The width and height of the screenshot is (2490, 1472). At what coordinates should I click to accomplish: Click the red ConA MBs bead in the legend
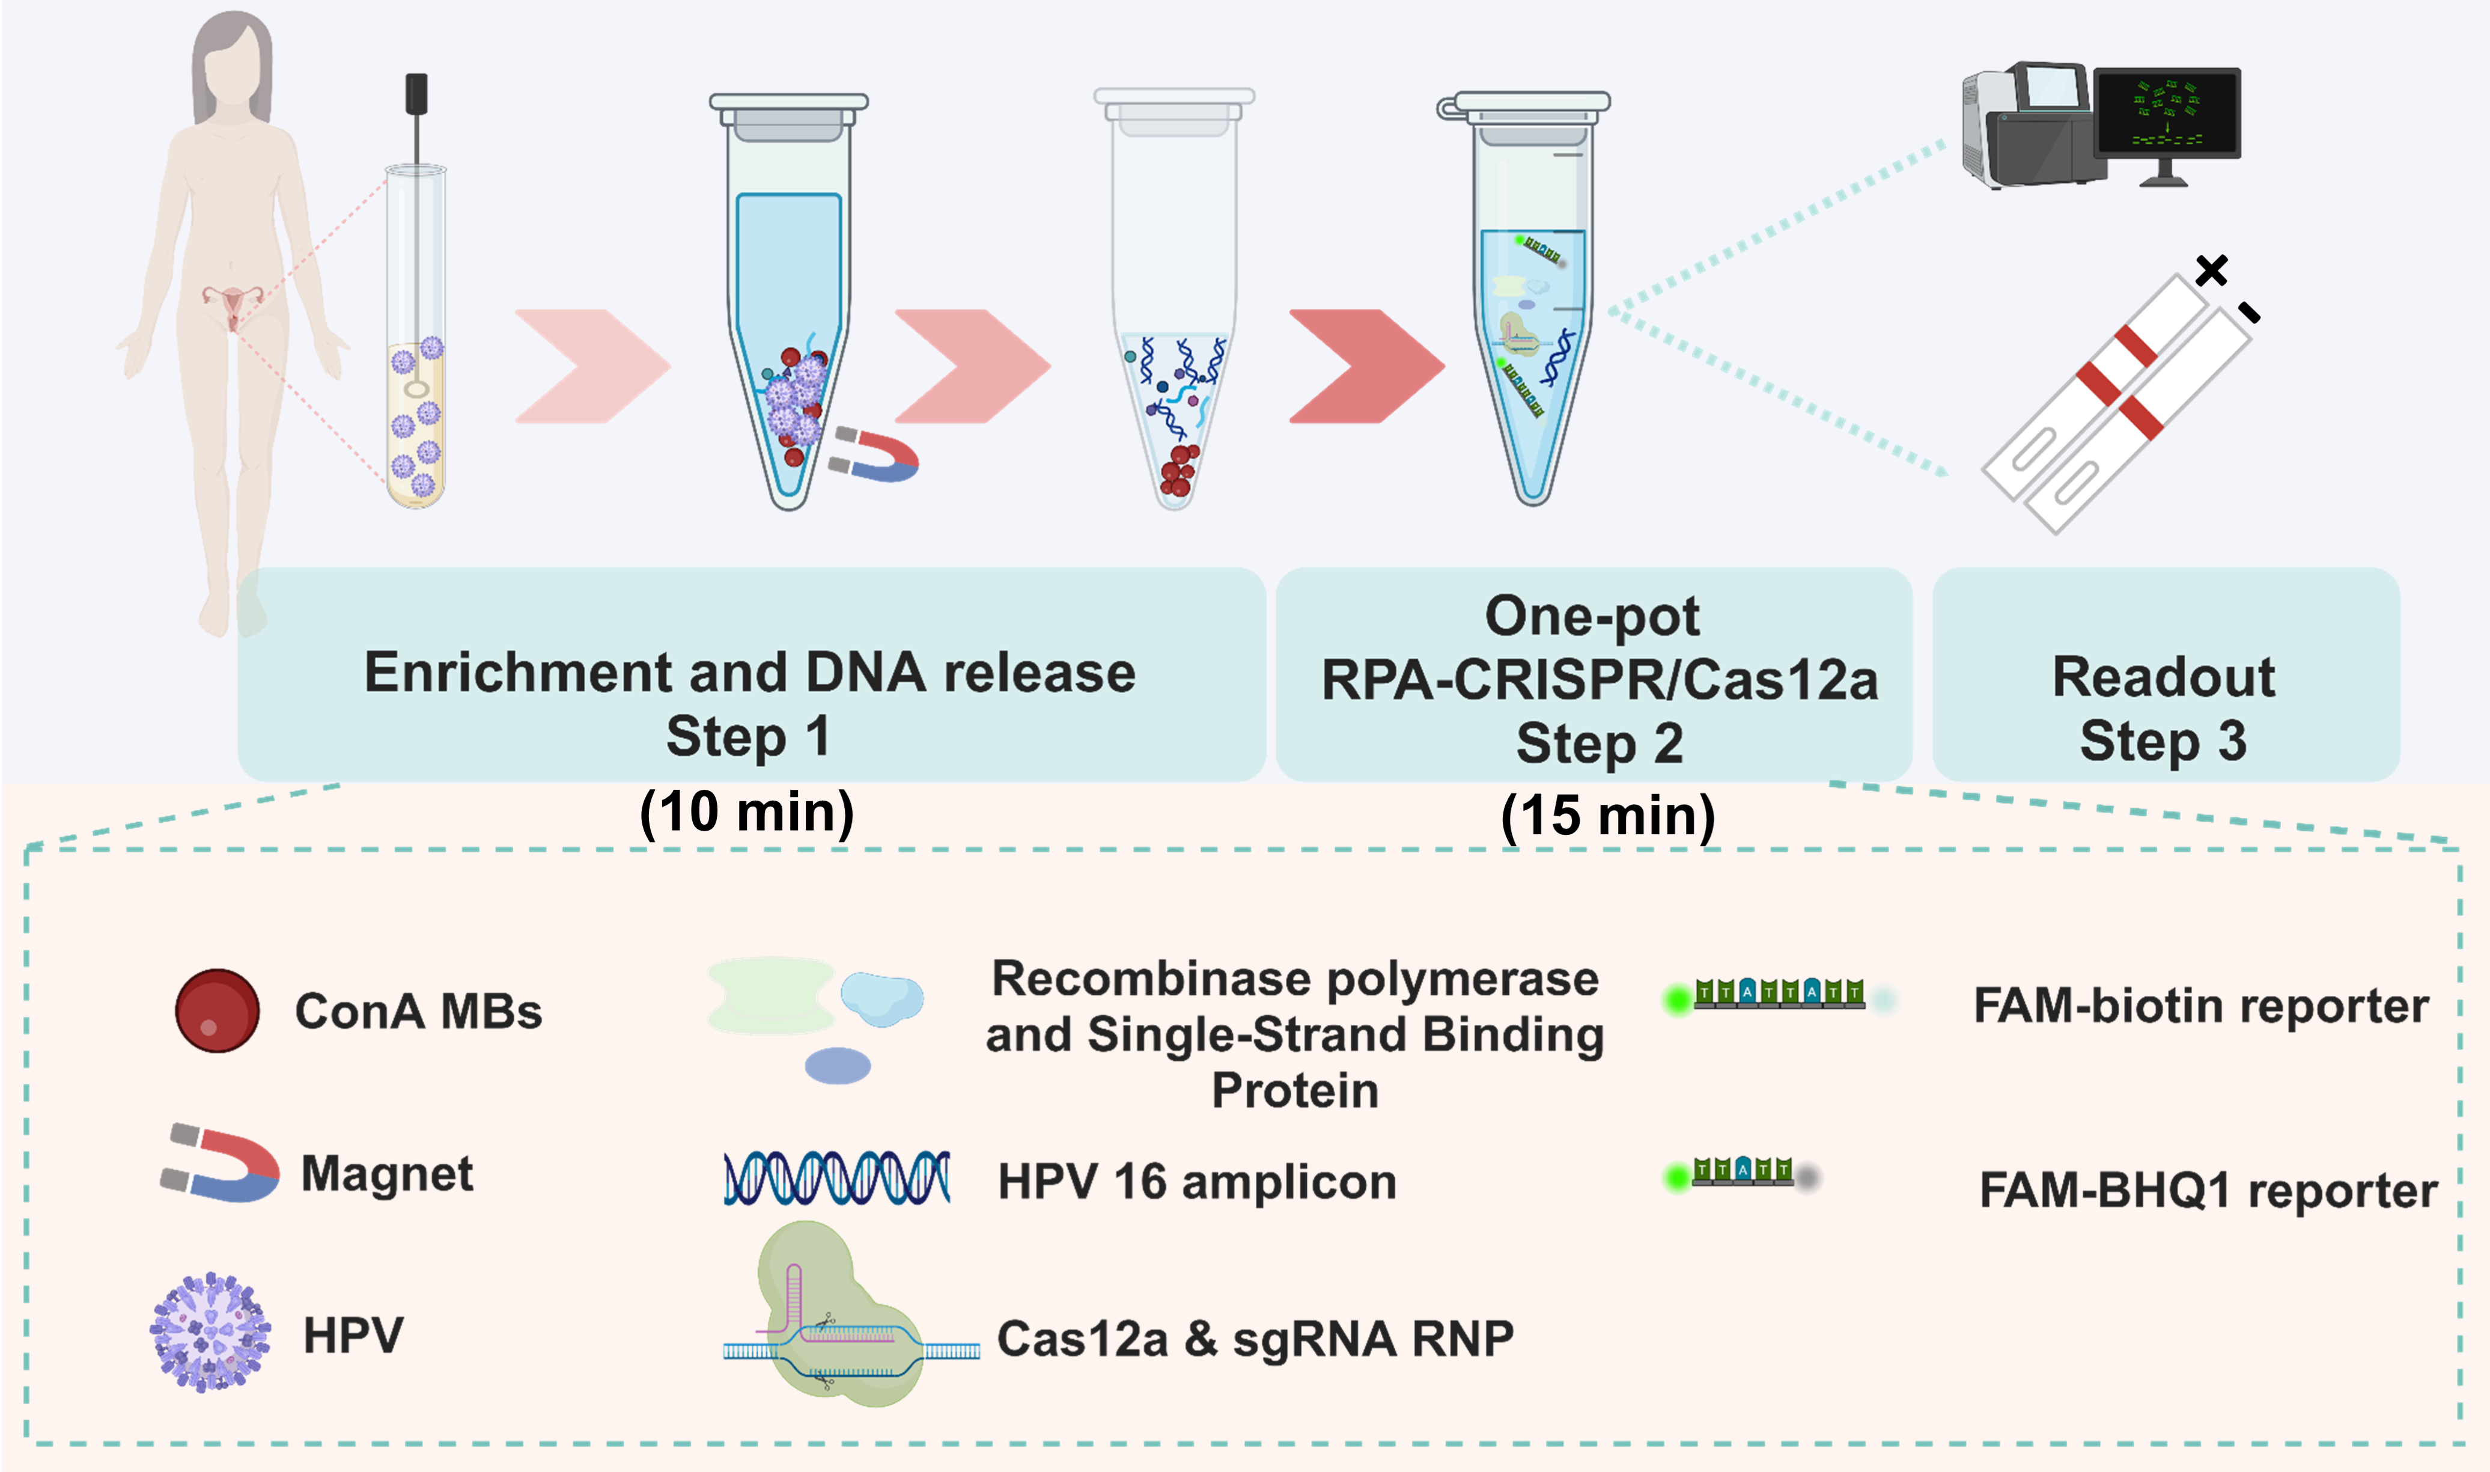tap(217, 1010)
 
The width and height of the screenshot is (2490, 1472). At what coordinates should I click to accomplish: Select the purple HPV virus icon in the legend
tap(209, 1332)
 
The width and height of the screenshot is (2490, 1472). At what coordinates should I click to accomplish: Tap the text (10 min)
tap(747, 813)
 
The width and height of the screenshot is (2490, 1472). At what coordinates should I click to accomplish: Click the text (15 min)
tap(1607, 816)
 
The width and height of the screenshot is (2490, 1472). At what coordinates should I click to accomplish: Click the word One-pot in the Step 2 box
tap(1592, 616)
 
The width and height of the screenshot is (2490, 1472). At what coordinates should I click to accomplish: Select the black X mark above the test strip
tap(2211, 270)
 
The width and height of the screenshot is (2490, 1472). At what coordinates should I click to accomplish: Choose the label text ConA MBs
tap(418, 1012)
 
